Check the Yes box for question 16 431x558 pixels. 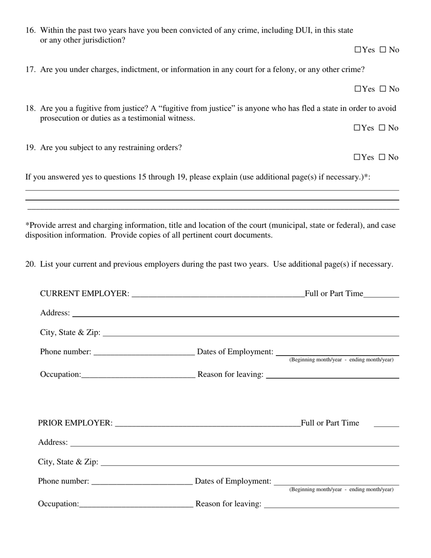(x=358, y=50)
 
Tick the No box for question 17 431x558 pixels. (x=382, y=89)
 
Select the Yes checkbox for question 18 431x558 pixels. (x=357, y=128)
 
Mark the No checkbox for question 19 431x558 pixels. (x=382, y=157)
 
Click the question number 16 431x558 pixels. (x=30, y=30)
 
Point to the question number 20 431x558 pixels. (x=30, y=264)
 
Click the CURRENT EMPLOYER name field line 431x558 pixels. (x=218, y=294)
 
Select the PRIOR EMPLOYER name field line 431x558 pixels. (x=208, y=423)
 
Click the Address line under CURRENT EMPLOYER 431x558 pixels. (x=236, y=313)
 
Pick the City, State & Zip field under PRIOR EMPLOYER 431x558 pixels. (x=250, y=462)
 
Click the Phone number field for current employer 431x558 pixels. (x=143, y=352)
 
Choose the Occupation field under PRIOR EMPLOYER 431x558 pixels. (x=136, y=504)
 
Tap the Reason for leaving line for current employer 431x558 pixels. (x=332, y=375)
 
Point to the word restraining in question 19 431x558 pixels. (x=130, y=147)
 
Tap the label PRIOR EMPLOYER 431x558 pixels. (x=75, y=423)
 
